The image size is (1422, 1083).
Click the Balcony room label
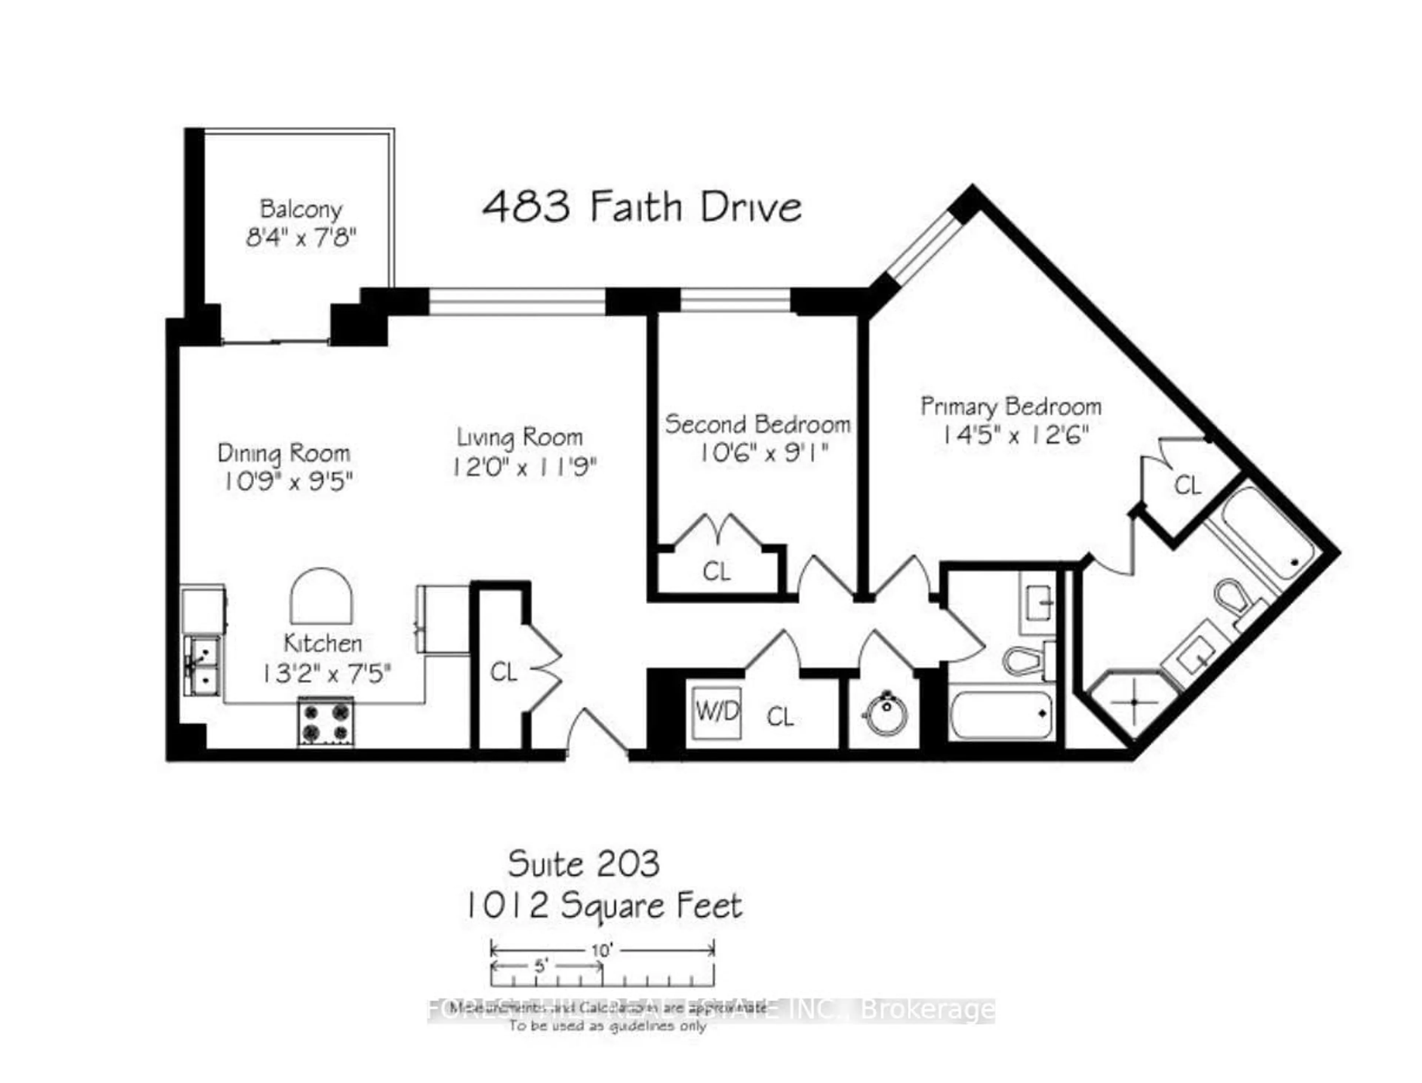(301, 209)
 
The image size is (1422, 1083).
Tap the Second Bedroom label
(757, 424)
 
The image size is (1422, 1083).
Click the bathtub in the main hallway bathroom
(1002, 714)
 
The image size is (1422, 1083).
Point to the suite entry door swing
(597, 732)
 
